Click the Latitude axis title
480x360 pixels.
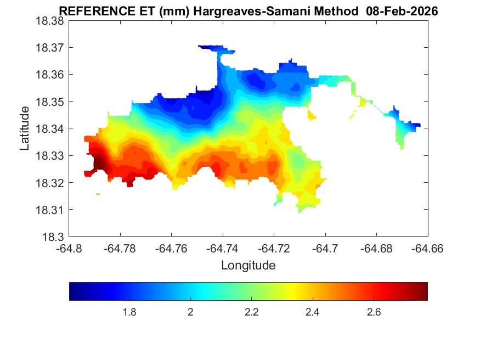25,128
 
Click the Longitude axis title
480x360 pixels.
248,266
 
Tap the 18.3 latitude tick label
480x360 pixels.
54,237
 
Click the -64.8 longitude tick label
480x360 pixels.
70,249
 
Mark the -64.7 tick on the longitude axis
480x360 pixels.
325,249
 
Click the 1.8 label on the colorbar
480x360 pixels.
129,312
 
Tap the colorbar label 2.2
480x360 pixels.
251,312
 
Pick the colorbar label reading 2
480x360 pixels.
190,312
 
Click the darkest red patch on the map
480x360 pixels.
99,163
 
